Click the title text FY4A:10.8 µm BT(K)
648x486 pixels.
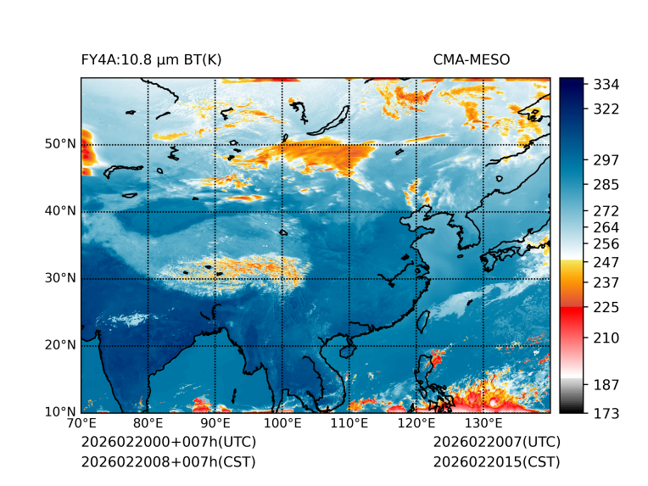point(151,59)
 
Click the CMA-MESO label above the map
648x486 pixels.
point(472,59)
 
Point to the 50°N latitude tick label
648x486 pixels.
point(60,144)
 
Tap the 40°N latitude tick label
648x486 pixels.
point(60,211)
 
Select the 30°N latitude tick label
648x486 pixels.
point(60,278)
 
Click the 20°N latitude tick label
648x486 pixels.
point(60,345)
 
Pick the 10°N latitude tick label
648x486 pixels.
point(60,412)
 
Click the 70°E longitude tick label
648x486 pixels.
point(81,423)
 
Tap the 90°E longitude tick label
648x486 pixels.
point(215,423)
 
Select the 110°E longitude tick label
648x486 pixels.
point(349,423)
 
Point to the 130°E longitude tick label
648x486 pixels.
point(483,423)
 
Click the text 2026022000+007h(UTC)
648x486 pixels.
point(168,442)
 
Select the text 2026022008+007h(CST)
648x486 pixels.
point(168,461)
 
